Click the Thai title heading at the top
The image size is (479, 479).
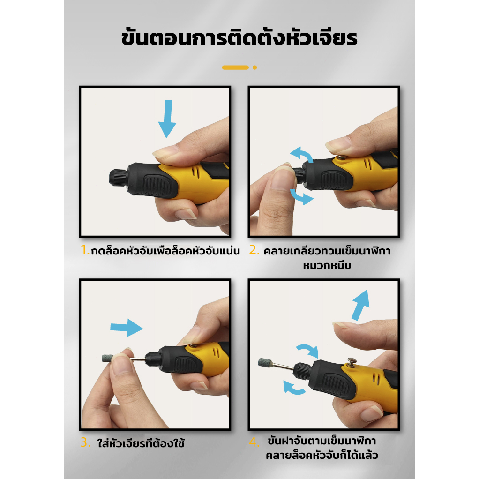[239, 37]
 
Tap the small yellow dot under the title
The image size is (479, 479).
[255, 67]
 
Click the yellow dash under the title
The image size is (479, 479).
[235, 67]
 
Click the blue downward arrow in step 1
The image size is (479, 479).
[167, 119]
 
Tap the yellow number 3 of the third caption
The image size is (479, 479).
[85, 442]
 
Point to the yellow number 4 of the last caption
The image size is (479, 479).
[254, 442]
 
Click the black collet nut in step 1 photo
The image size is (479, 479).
[119, 177]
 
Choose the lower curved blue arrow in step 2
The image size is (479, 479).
[301, 197]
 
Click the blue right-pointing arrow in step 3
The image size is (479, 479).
[127, 328]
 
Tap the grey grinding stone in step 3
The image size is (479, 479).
[107, 358]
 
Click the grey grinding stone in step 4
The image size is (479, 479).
[264, 362]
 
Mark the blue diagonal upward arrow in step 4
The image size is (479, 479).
[361, 305]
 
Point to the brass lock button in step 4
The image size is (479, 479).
[352, 362]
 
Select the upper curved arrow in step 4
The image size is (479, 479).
[308, 351]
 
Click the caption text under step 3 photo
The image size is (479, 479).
[141, 443]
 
